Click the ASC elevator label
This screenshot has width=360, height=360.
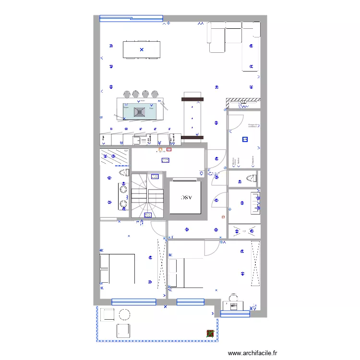tap(185, 197)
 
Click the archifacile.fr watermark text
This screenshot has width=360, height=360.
tap(252, 353)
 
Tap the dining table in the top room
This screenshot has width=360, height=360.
tap(141, 49)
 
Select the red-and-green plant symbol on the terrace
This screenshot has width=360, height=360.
tap(210, 333)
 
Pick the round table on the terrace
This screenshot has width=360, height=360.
tap(125, 315)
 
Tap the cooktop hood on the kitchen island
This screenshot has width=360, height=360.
tap(140, 112)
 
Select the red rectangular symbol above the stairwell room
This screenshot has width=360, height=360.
tap(168, 149)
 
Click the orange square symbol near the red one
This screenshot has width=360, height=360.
tap(160, 149)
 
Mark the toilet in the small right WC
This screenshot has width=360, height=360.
tap(250, 179)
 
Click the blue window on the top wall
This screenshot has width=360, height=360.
tap(131, 19)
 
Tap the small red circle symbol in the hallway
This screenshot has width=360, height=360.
tap(223, 217)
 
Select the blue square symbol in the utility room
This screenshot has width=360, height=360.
tap(245, 140)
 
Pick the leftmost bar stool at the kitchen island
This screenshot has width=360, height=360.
tap(127, 94)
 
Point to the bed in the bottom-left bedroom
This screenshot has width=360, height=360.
tap(117, 269)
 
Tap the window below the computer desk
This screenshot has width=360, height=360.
tap(235, 314)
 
